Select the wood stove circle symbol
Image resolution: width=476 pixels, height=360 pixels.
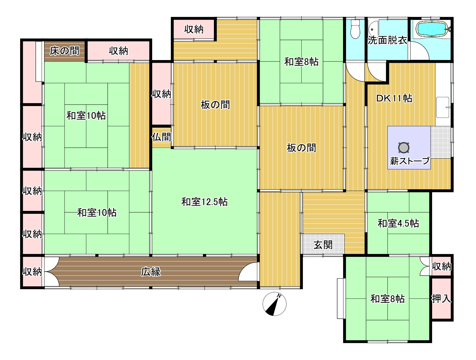pos(404,148)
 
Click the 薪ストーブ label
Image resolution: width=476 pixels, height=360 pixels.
pos(410,161)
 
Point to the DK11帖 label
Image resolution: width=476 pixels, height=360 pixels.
pos(394,99)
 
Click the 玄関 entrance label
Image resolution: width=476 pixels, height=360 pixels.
pos(323,245)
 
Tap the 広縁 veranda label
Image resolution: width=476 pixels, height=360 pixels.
pos(151,272)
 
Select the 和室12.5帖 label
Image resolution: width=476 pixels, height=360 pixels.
pos(204,202)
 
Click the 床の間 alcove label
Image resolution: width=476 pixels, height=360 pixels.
pos(64,51)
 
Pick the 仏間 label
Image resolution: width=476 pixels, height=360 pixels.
pos(161,137)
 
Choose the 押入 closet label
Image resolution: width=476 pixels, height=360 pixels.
pos(441,298)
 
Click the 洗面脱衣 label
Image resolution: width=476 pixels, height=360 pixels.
pos(387,40)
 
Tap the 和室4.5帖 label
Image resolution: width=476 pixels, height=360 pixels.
pos(398,223)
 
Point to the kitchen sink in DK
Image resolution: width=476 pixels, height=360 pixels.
pos(443,107)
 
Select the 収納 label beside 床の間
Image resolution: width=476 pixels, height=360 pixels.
pos(118,51)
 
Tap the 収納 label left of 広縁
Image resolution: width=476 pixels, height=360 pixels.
pos(32,272)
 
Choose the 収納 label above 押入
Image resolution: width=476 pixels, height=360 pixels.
pos(441,266)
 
